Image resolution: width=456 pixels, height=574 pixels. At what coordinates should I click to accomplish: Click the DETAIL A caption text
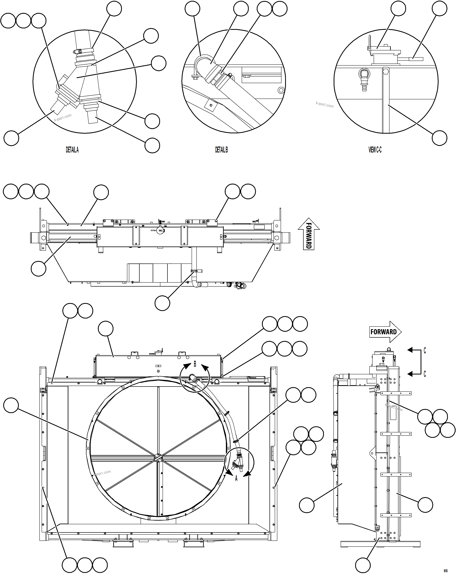click(x=72, y=150)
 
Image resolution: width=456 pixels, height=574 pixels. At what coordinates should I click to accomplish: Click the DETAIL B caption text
click(x=221, y=150)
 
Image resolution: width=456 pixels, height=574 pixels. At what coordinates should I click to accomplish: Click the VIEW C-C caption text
click(x=375, y=150)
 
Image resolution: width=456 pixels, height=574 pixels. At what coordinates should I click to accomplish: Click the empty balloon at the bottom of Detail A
click(x=152, y=145)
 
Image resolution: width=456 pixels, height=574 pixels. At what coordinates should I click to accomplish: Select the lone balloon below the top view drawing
click(x=162, y=303)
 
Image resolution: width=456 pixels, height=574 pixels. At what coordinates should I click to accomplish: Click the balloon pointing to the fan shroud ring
click(x=11, y=405)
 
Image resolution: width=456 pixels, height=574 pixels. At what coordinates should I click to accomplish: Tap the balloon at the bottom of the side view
click(x=363, y=565)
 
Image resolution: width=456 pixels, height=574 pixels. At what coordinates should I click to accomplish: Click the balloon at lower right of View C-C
click(x=439, y=138)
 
